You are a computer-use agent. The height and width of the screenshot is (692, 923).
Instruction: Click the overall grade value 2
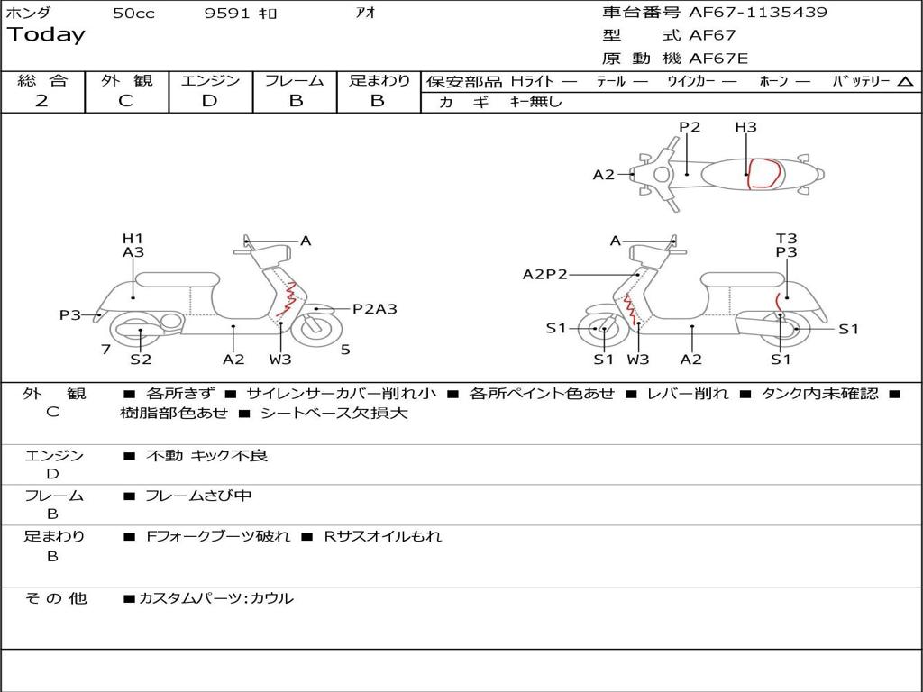coord(41,101)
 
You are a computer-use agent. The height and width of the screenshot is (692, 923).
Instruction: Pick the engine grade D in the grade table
coord(209,101)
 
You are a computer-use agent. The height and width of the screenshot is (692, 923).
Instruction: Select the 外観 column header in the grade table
coord(126,80)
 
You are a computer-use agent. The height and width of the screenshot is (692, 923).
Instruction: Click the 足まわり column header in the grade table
coord(379,80)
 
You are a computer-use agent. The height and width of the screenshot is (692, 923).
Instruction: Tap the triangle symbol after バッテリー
coord(905,82)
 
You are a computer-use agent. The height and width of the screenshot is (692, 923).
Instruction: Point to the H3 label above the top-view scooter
coord(745,127)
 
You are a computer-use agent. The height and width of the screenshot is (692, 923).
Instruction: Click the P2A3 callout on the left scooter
coord(375,309)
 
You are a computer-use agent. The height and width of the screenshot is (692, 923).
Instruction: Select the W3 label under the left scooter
coord(280,360)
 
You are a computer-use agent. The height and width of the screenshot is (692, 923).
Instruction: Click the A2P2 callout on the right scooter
coord(545,275)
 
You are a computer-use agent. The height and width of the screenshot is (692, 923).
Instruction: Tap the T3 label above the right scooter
coord(787,239)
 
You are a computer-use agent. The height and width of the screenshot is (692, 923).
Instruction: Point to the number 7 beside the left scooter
coord(106,350)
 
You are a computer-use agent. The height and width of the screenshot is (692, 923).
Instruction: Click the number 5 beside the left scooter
coord(345,350)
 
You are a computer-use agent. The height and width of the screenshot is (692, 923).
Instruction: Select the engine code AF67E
coord(718,59)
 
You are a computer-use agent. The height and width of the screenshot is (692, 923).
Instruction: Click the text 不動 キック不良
coord(206,456)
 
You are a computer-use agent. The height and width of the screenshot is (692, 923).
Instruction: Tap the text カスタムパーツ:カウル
coord(215,598)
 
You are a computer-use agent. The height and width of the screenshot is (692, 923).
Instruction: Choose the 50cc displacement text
coord(133,14)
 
